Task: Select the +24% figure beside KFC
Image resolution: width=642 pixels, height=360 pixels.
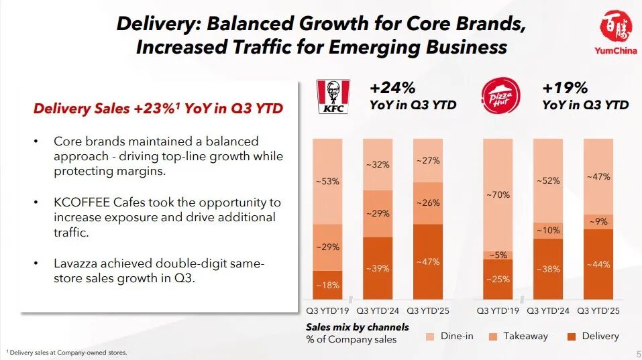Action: click(392, 88)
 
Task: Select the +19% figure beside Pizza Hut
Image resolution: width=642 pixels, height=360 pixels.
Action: click(565, 88)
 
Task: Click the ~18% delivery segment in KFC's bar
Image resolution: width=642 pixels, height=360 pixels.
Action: click(327, 285)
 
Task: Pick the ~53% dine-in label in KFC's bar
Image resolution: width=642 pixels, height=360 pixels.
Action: click(327, 181)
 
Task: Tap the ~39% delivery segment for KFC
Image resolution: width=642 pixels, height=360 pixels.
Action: click(378, 268)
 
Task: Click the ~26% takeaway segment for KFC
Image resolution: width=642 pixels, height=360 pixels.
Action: click(427, 203)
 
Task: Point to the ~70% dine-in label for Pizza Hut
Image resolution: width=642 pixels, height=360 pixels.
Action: click(498, 194)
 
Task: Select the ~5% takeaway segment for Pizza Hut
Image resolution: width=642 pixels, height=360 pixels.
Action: click(498, 255)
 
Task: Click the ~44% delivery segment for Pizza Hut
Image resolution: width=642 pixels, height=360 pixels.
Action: click(598, 264)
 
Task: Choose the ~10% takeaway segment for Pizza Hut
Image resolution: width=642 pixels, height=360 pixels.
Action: click(548, 230)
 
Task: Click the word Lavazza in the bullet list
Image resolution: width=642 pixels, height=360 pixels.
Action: click(76, 263)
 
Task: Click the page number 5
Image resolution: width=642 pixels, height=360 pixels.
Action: click(637, 353)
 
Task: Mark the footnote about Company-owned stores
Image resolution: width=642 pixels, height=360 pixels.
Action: click(67, 352)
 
